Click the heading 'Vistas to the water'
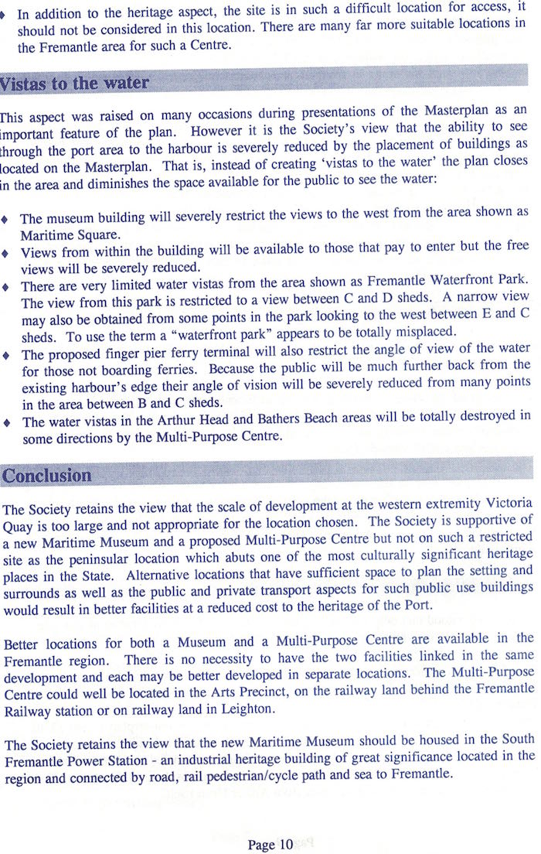click(x=76, y=83)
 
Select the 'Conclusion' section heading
click(x=47, y=475)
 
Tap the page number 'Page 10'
click(x=270, y=845)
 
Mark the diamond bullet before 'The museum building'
click(x=7, y=220)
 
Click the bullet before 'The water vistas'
click(x=7, y=422)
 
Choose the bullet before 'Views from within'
click(x=7, y=253)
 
